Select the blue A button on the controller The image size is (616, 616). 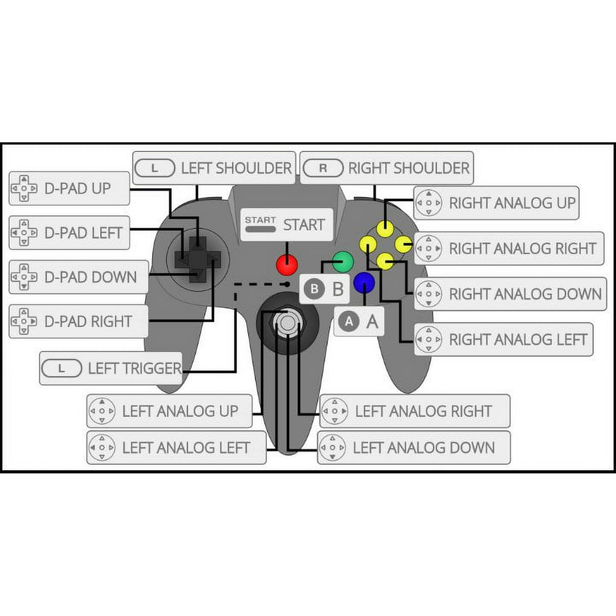(x=364, y=282)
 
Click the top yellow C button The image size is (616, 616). (x=385, y=228)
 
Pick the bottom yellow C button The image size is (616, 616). (x=385, y=262)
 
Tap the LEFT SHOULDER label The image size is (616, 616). (x=236, y=168)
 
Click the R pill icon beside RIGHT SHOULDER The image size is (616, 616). (x=323, y=168)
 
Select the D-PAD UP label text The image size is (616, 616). (x=78, y=188)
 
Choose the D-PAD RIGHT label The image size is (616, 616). (x=88, y=321)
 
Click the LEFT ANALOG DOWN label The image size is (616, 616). (x=424, y=448)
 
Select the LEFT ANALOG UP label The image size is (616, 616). (x=180, y=411)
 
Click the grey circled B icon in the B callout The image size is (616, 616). (x=314, y=289)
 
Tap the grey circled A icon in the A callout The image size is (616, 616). (x=349, y=321)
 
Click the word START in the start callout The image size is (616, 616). (x=304, y=225)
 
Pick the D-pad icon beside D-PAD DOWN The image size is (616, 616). (x=24, y=277)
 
